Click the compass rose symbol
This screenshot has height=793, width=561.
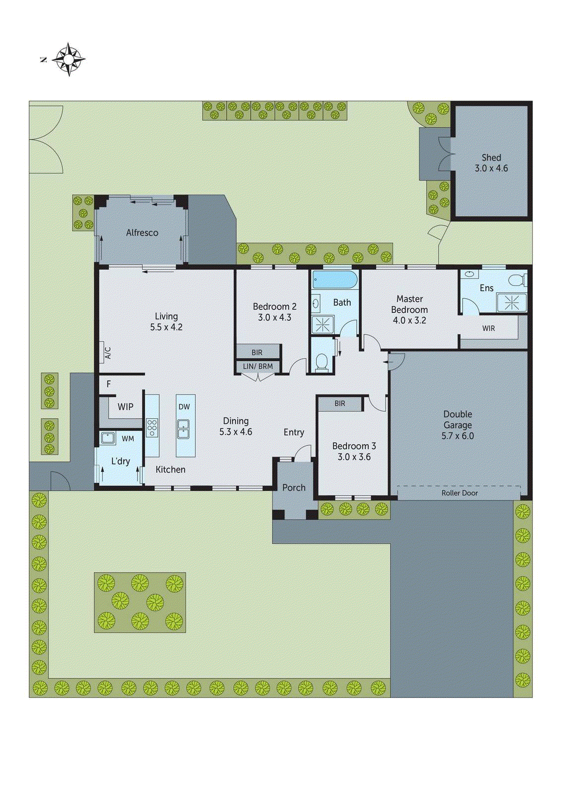pyautogui.click(x=68, y=59)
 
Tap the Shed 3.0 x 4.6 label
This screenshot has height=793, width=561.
pyautogui.click(x=491, y=163)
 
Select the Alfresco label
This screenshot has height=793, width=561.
pyautogui.click(x=142, y=232)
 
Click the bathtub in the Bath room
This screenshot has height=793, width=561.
pyautogui.click(x=335, y=280)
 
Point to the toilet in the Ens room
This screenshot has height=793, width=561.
pyautogui.click(x=517, y=280)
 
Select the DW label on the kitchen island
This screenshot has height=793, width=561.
pyautogui.click(x=184, y=406)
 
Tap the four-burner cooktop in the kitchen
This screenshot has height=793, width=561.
pyautogui.click(x=152, y=427)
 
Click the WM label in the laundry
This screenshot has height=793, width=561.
pyautogui.click(x=128, y=439)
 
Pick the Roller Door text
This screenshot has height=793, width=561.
pyautogui.click(x=459, y=493)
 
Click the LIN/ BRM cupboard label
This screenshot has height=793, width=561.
pyautogui.click(x=257, y=366)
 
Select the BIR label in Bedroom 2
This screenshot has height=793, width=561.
pyautogui.click(x=257, y=352)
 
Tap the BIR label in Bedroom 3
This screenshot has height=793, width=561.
pyautogui.click(x=340, y=403)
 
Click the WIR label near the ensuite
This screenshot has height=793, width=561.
pyautogui.click(x=489, y=328)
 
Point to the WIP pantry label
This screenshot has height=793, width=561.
pyautogui.click(x=125, y=406)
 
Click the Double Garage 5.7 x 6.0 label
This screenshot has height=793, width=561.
pyautogui.click(x=457, y=425)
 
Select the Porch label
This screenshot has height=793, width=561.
pyautogui.click(x=294, y=487)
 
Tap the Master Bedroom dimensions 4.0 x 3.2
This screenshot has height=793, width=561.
pyautogui.click(x=409, y=320)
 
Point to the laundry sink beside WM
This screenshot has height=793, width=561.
pyautogui.click(x=108, y=438)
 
